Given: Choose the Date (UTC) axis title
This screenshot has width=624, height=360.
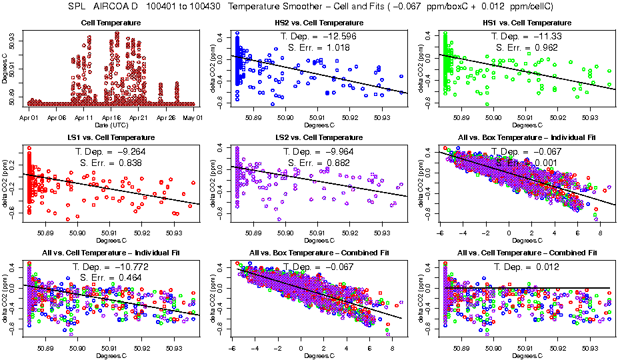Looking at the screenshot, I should (113, 125).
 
